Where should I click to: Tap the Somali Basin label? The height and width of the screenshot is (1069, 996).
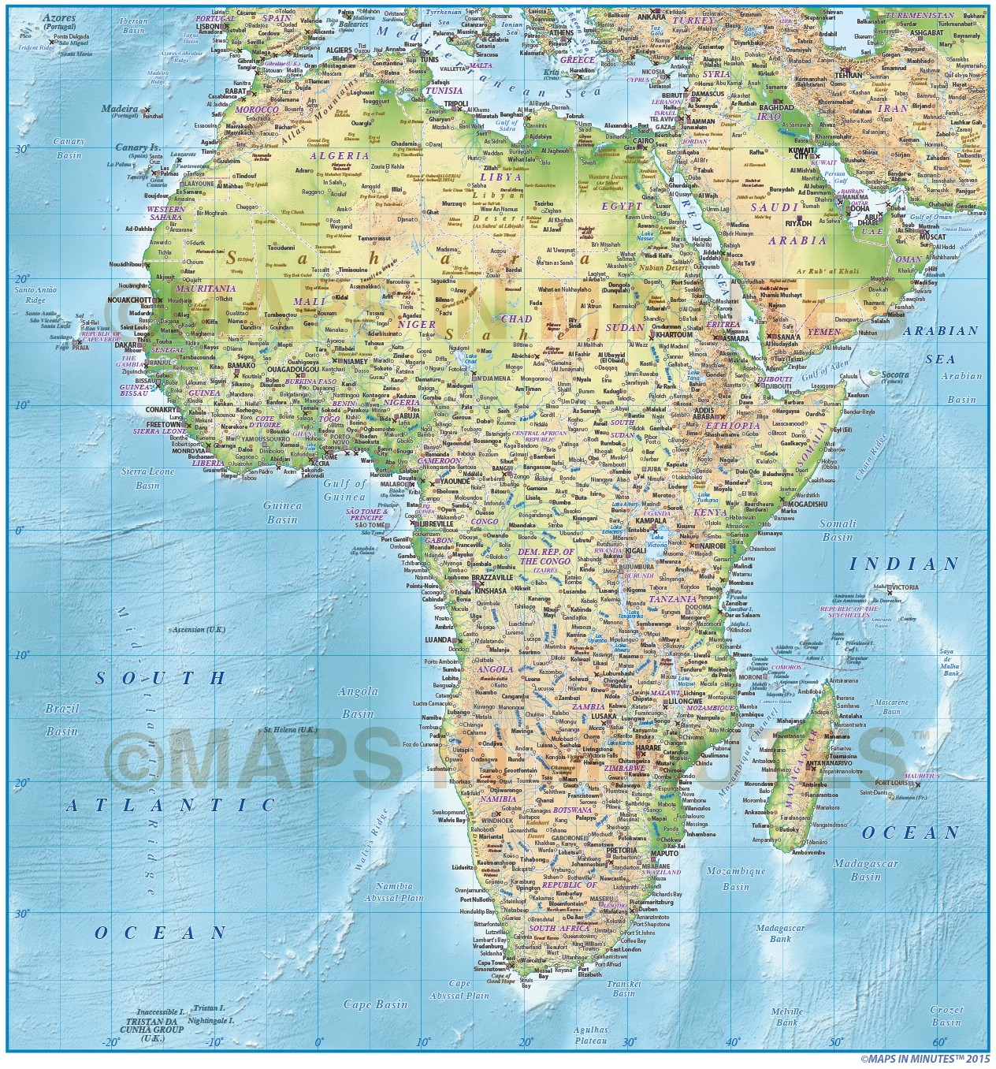pos(838,530)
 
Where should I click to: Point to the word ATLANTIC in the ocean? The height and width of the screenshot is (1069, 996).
pos(171,805)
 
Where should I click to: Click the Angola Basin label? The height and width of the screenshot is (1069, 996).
pos(357,702)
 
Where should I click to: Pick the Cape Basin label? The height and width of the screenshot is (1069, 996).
pos(376,1004)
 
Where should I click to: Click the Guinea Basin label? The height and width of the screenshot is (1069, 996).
pos(282,512)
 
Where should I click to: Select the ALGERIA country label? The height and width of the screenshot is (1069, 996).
pos(340,155)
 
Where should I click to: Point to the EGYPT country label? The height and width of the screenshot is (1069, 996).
pos(622,206)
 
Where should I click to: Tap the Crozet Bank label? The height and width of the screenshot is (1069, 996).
pos(946,1015)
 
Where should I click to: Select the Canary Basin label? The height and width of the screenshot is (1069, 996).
pos(69,148)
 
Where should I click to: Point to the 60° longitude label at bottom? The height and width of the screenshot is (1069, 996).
pos(938,1043)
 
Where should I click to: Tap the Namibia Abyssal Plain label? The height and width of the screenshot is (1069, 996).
pos(394,892)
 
